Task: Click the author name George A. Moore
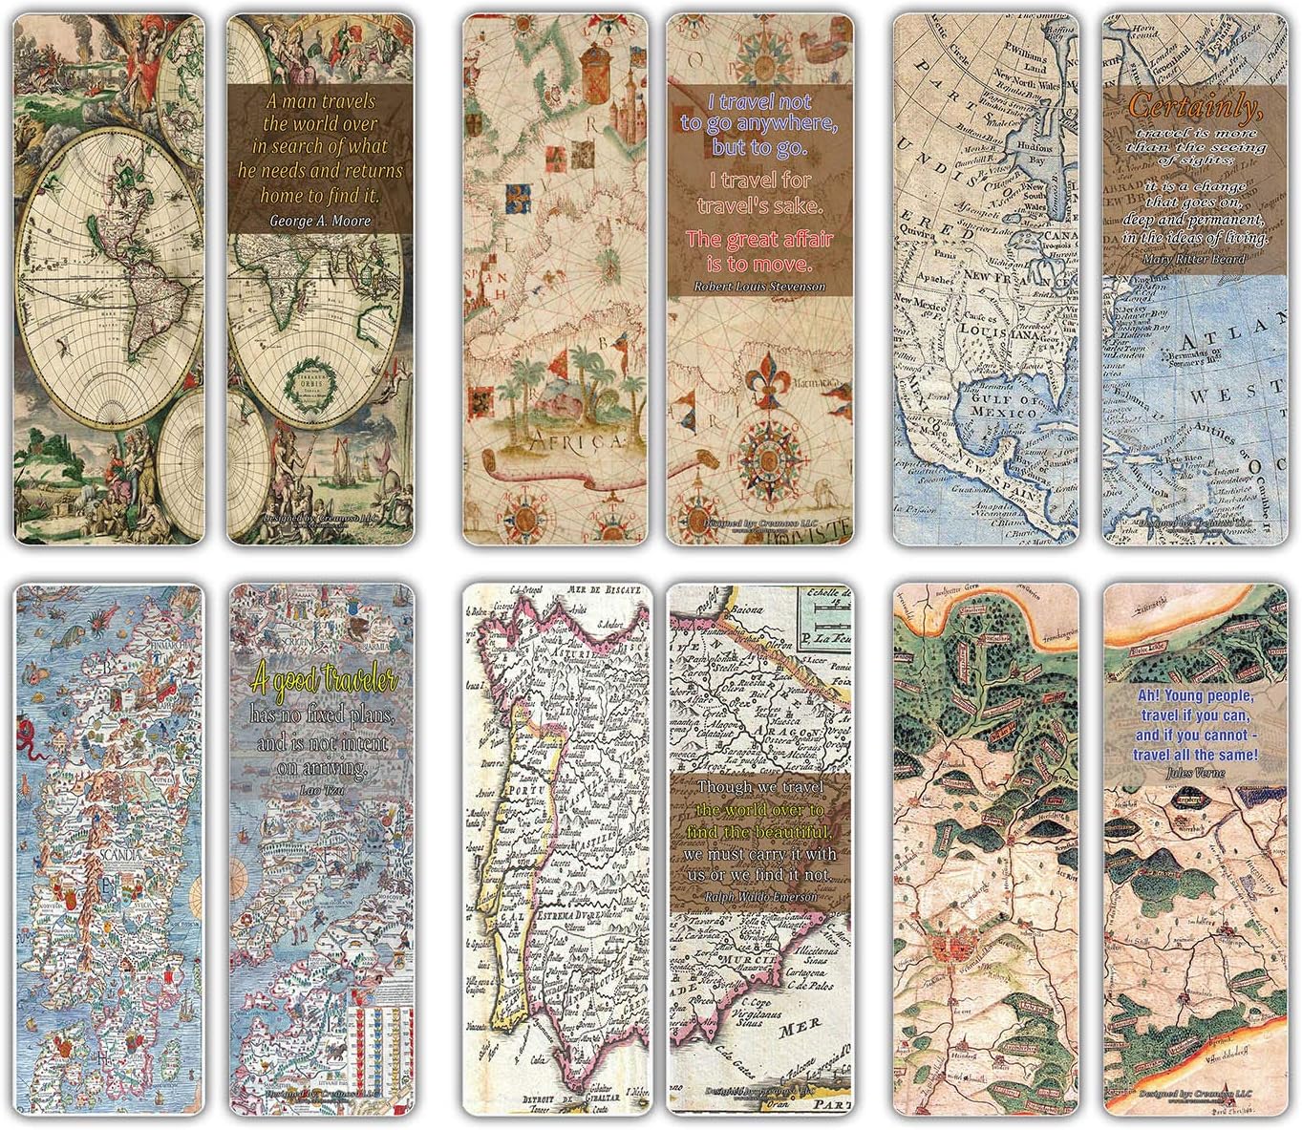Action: [x=319, y=221]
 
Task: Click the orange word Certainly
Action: [x=1195, y=107]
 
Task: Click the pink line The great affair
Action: [x=759, y=239]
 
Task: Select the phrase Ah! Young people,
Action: [x=1185, y=696]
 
